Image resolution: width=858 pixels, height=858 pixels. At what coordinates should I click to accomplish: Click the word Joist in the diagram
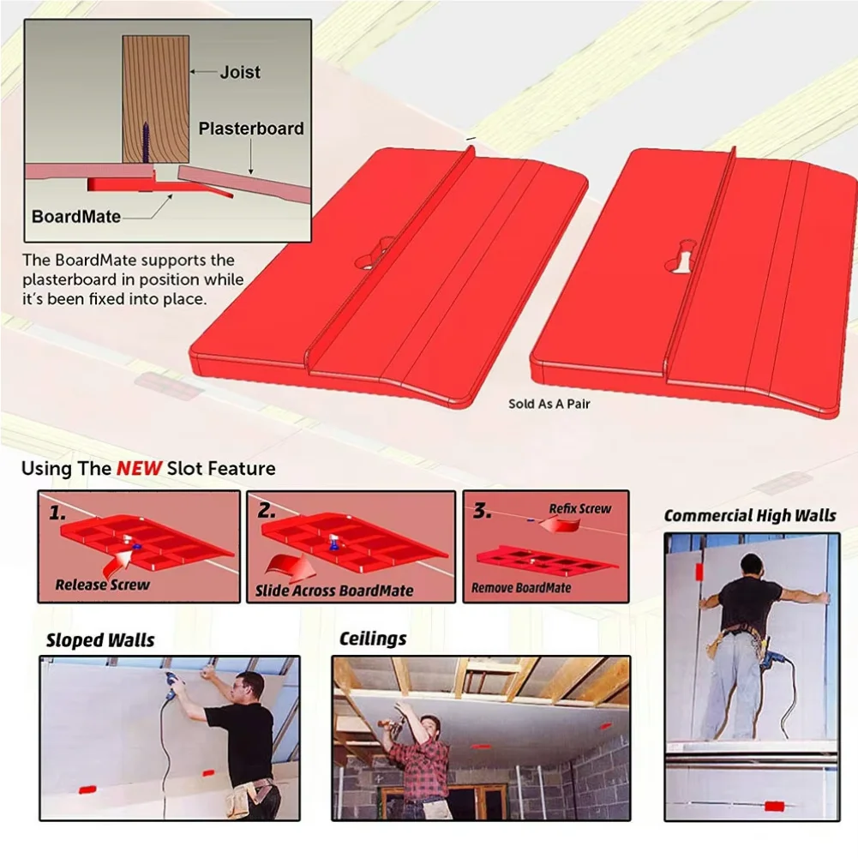pyautogui.click(x=241, y=72)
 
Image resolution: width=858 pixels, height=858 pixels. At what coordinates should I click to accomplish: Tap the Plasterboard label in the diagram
pyautogui.click(x=251, y=129)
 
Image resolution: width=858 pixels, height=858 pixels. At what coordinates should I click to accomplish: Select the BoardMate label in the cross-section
pyautogui.click(x=75, y=216)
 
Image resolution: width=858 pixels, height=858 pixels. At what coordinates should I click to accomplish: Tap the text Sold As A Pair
pyautogui.click(x=549, y=403)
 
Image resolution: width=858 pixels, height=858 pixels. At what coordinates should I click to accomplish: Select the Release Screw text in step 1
pyautogui.click(x=102, y=585)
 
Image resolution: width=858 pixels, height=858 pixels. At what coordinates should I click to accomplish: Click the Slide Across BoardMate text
pyautogui.click(x=334, y=591)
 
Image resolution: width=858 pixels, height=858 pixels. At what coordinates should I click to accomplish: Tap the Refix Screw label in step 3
pyautogui.click(x=579, y=509)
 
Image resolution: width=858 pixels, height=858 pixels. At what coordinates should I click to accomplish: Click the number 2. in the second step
pyautogui.click(x=267, y=512)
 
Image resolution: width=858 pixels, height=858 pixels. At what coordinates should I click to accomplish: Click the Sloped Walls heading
pyautogui.click(x=100, y=640)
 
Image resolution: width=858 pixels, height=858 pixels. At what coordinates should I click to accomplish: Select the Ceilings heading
pyautogui.click(x=373, y=639)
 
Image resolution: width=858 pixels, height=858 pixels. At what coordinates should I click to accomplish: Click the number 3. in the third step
pyautogui.click(x=483, y=511)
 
